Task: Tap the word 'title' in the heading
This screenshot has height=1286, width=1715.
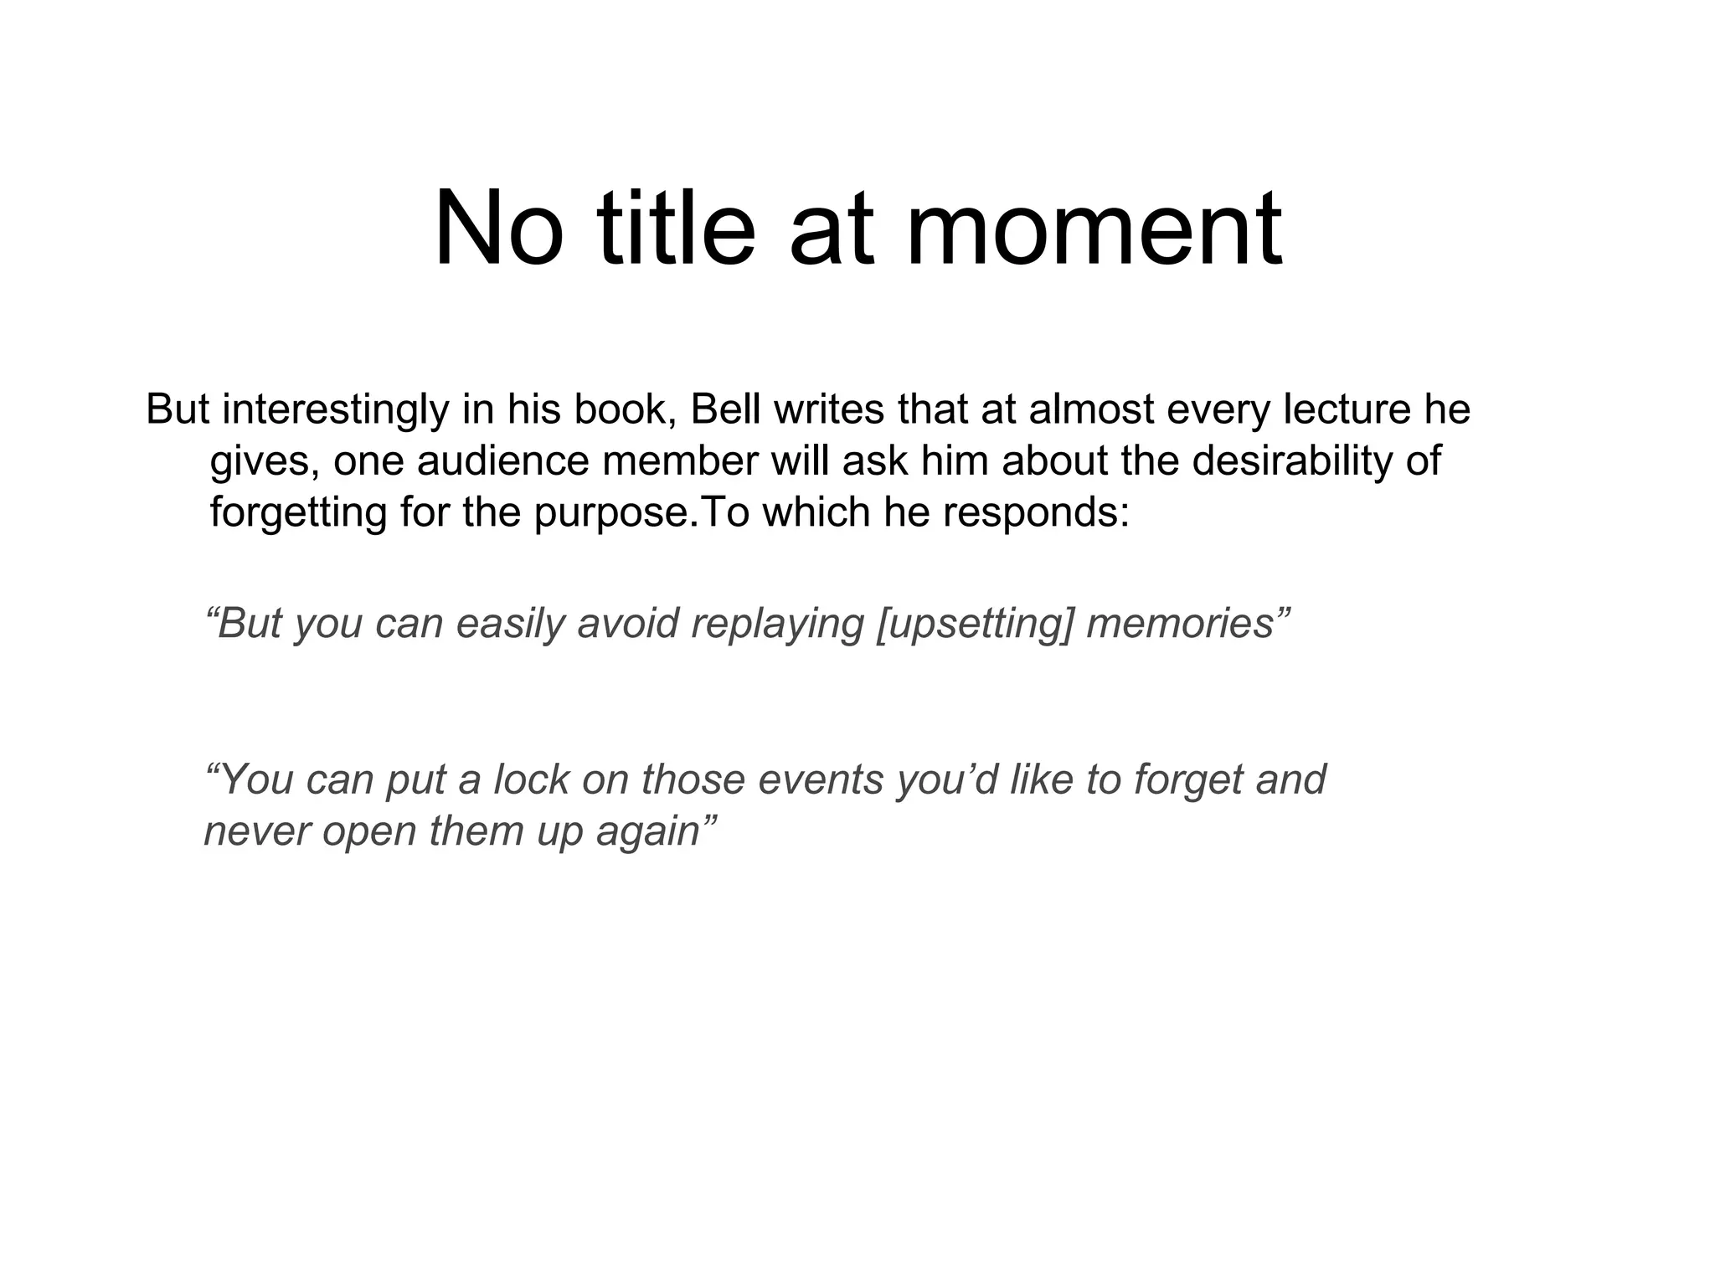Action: tap(676, 228)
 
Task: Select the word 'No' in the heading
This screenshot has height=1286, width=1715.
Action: tap(499, 228)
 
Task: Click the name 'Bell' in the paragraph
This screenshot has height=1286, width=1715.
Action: tap(726, 409)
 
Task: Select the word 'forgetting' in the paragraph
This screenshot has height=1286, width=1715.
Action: tap(298, 512)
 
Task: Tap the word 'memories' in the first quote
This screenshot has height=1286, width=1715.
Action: tap(1180, 624)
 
